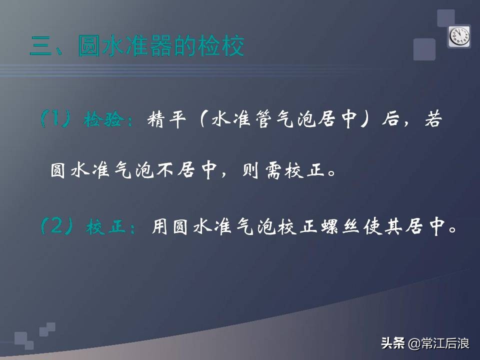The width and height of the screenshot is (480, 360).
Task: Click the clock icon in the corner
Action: coord(459,36)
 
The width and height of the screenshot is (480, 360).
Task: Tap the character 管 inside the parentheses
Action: coord(276,120)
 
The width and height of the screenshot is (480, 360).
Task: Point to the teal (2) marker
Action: coord(57,227)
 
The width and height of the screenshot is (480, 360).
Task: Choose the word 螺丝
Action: coord(354,227)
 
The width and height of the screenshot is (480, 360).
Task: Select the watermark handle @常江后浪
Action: coord(439,343)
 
